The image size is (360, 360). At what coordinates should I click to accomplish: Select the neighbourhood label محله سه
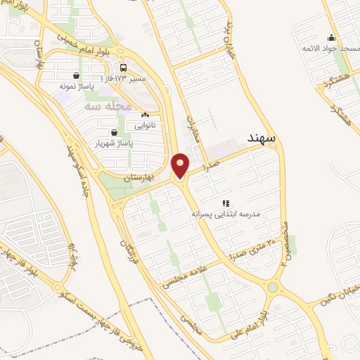(x=108, y=105)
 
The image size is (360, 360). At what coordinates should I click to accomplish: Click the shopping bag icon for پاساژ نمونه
(x=75, y=75)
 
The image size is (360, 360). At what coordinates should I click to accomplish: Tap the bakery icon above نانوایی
(x=145, y=115)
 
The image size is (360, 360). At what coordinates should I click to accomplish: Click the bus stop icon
(x=124, y=68)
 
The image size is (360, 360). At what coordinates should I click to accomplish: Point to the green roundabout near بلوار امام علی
(x=272, y=288)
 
